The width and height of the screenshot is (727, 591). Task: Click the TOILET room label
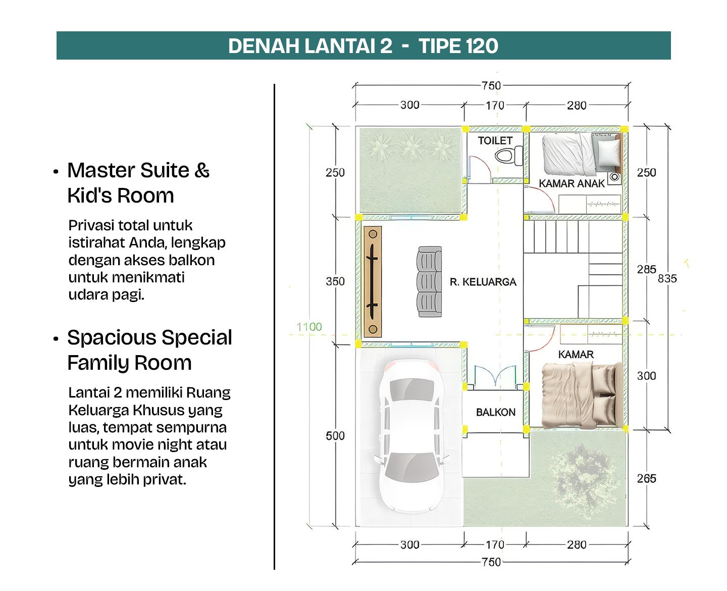[x=495, y=140]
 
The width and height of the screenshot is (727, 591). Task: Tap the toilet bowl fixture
[x=508, y=156]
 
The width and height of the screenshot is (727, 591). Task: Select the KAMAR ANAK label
[x=572, y=184]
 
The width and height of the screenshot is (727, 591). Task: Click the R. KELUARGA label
[x=483, y=282]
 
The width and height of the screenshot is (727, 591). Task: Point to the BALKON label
[x=496, y=412]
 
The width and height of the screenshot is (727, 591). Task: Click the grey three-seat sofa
[x=429, y=282]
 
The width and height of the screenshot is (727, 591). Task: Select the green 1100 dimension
[x=309, y=327]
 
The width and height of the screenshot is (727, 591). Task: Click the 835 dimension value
[x=667, y=279]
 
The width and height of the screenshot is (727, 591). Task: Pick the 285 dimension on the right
[x=646, y=269]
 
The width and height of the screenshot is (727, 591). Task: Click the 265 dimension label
[x=646, y=478]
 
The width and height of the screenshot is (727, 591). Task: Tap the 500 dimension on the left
[x=335, y=435]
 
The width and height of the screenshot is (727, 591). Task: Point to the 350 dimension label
[x=335, y=281]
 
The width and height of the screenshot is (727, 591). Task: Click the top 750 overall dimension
[x=491, y=85]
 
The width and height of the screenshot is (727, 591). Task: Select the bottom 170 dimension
[x=495, y=545]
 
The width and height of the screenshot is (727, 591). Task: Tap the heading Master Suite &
[x=138, y=170]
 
